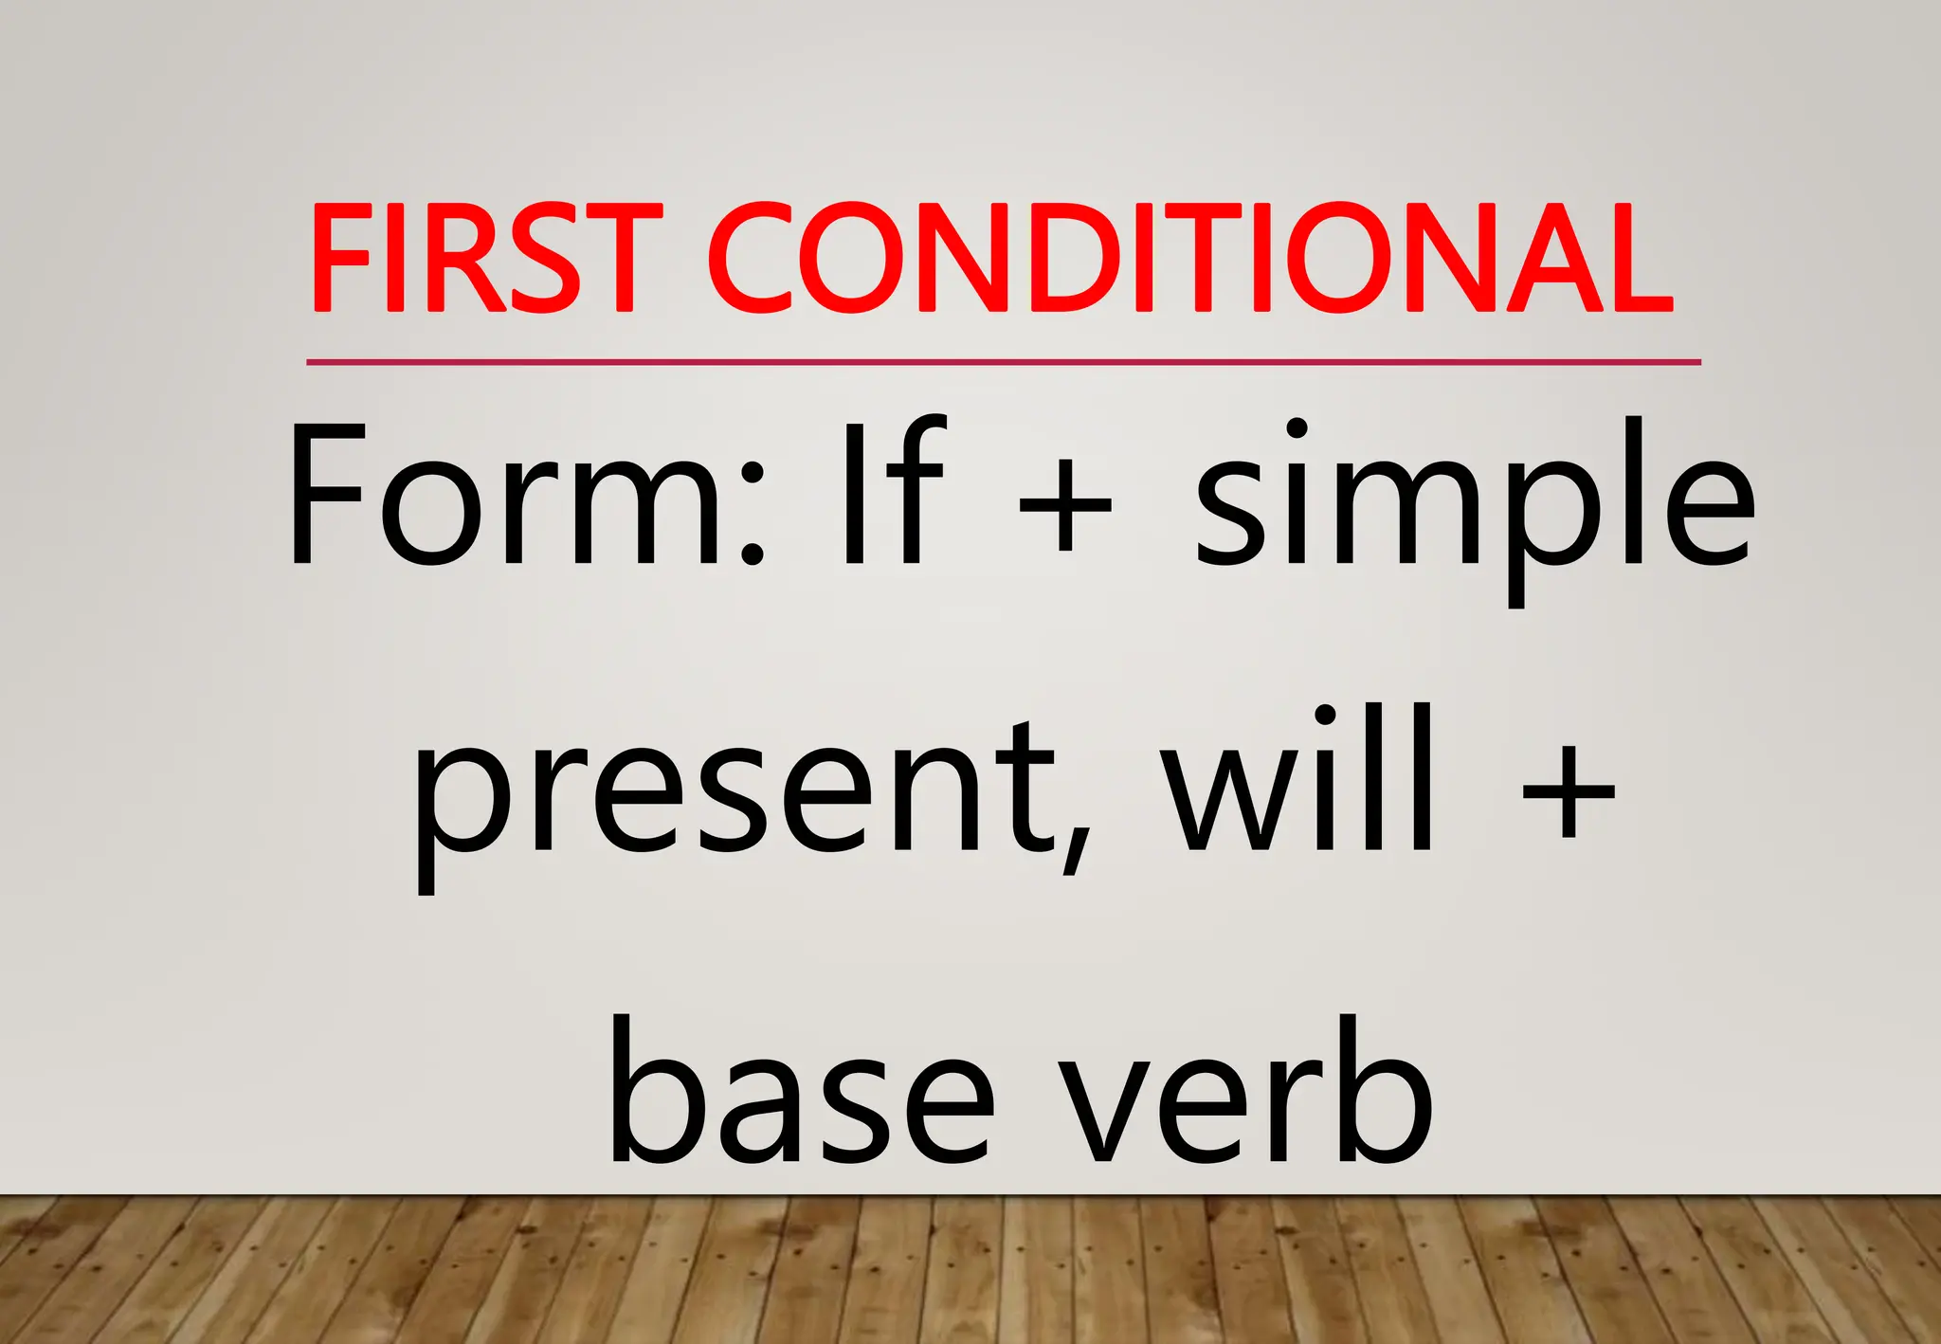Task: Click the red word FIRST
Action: coord(485,258)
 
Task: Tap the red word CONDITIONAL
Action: coord(1189,258)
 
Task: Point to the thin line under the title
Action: coord(1003,362)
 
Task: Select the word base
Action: coord(801,1090)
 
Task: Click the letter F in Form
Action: coord(327,495)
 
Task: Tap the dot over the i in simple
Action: coord(1296,428)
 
